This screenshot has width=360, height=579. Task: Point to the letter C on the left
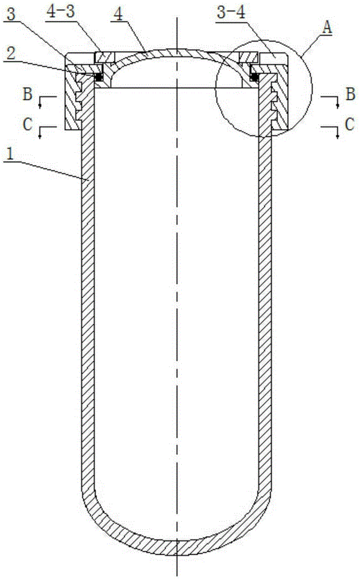click(x=27, y=123)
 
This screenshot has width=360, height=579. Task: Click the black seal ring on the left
click(x=98, y=76)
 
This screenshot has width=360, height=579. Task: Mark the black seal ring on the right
click(x=253, y=76)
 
